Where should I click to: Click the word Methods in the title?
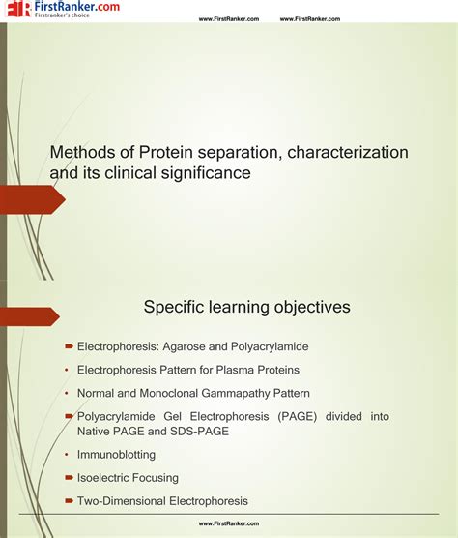pos(79,153)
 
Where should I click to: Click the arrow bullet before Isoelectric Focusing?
pos(70,477)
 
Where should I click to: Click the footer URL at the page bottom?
pos(229,523)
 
